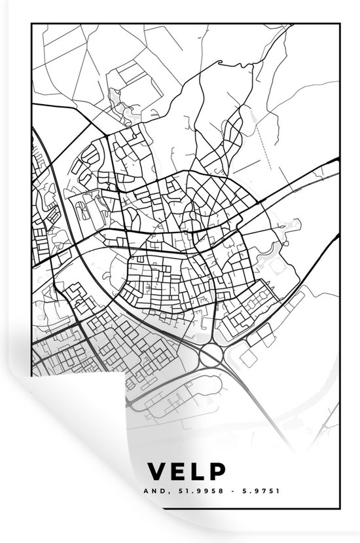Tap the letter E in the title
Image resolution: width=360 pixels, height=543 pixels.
point(178,471)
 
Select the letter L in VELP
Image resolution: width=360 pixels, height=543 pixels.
point(198,471)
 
